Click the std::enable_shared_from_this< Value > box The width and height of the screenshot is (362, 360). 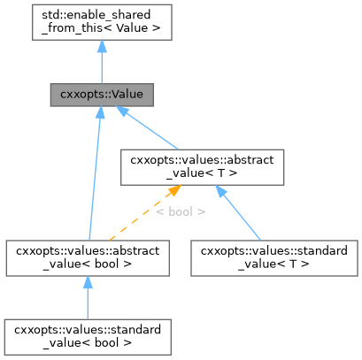pyautogui.click(x=102, y=21)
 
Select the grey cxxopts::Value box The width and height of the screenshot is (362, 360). pyautogui.click(x=102, y=93)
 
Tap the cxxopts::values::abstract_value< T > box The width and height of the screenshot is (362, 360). pyautogui.click(x=202, y=167)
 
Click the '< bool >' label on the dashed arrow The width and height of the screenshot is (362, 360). pyautogui.click(x=180, y=212)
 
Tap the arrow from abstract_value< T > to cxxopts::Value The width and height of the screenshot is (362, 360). pyautogui.click(x=150, y=129)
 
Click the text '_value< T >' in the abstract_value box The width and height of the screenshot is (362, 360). pyautogui.click(x=202, y=174)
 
